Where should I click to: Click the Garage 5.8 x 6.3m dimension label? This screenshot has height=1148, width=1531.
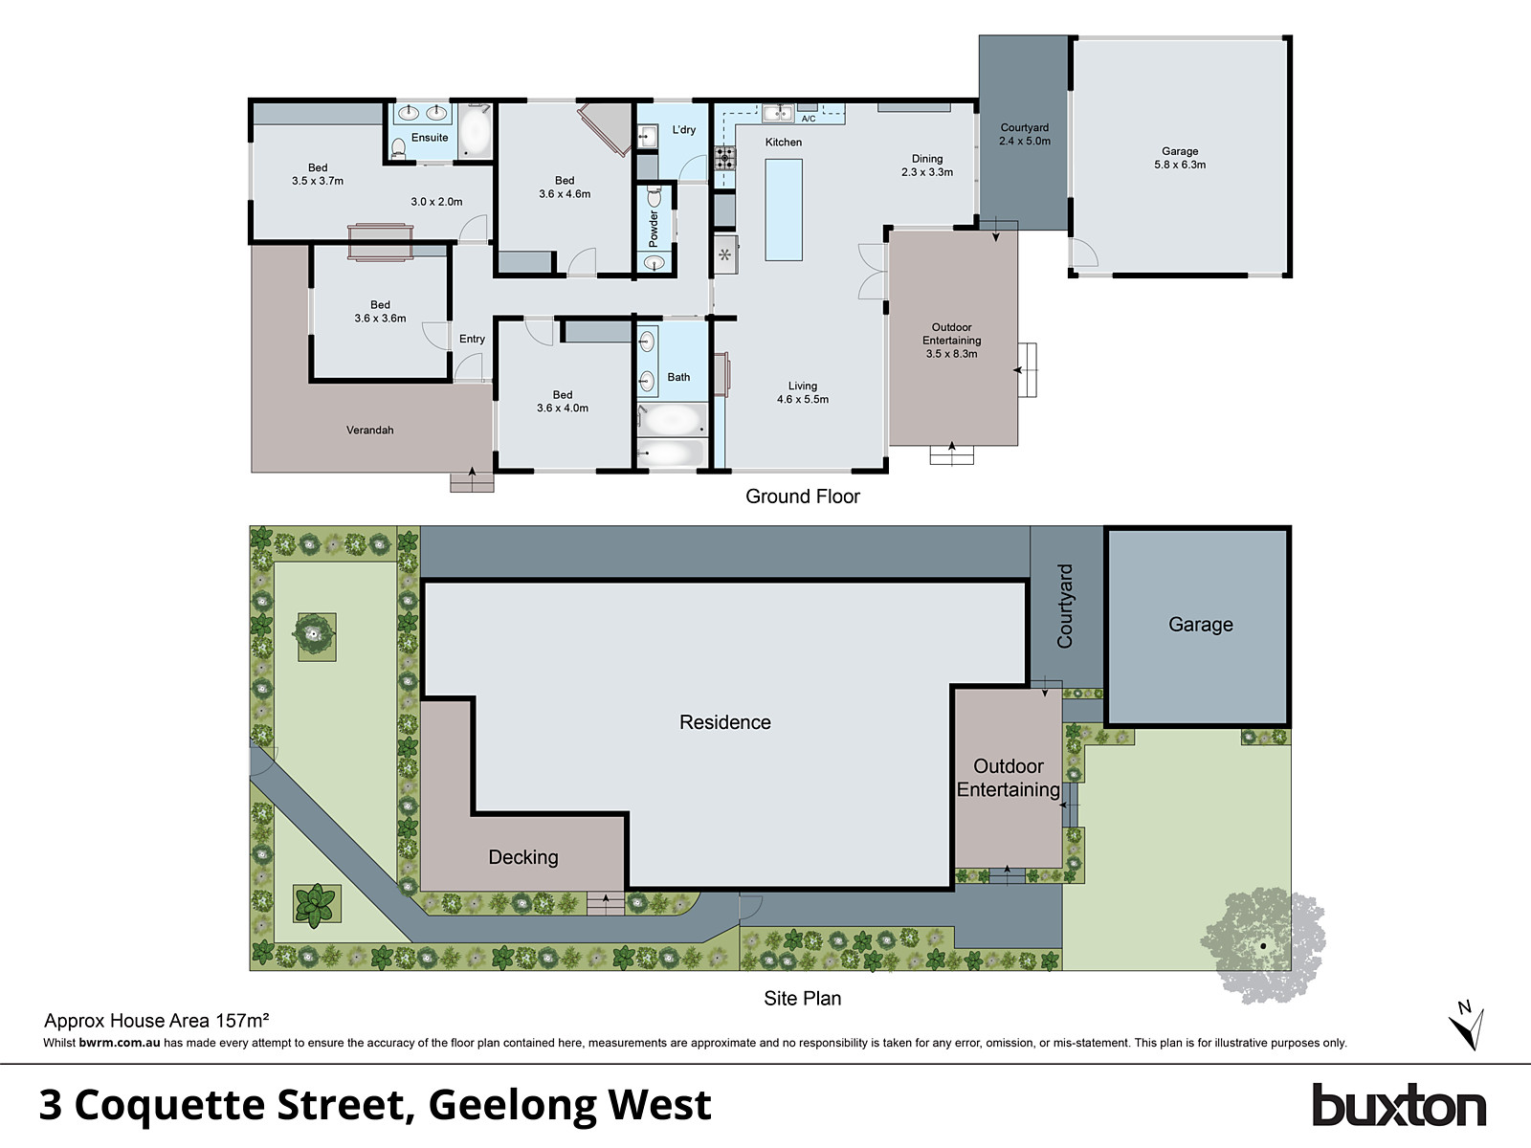[1180, 158]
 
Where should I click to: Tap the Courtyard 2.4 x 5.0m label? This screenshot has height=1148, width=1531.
[1024, 134]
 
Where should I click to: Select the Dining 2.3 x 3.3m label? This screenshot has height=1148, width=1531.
[927, 166]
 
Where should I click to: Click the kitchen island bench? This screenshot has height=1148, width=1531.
[784, 210]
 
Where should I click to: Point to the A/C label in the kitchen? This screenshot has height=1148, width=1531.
[809, 119]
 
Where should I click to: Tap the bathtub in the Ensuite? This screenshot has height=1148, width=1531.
[474, 131]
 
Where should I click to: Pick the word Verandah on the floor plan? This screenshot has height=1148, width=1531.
[369, 430]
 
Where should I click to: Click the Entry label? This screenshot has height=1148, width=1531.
[472, 339]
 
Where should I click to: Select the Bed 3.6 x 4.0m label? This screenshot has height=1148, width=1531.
[563, 402]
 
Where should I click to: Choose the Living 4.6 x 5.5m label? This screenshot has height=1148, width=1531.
[803, 393]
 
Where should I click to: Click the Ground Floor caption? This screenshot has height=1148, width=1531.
[802, 497]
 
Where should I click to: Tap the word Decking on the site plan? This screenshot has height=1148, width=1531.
[522, 857]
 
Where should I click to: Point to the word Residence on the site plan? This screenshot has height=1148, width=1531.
[724, 722]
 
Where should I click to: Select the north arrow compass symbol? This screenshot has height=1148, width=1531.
[1466, 1026]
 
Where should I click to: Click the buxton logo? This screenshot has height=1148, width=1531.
[1398, 1106]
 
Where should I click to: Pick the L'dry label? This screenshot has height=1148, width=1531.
[684, 130]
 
